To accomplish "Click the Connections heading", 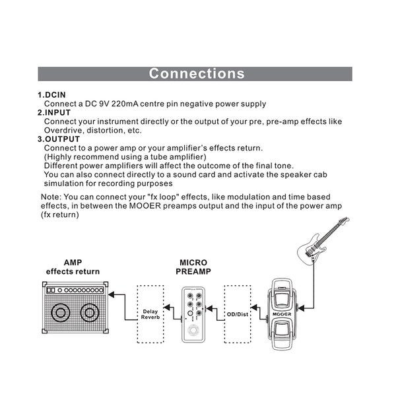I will [x=197, y=73].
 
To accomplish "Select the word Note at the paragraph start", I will [x=50, y=197].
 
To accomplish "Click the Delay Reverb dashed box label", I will [x=150, y=314].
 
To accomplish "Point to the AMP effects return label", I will [x=73, y=267].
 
